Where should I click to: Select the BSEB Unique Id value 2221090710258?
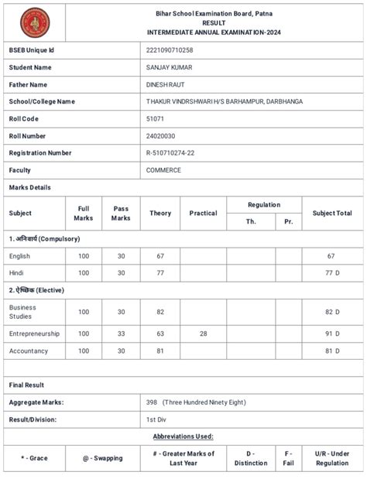pos(170,50)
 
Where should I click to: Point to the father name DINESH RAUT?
pos(166,84)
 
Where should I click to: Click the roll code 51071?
pos(155,118)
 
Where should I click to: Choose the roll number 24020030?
pos(160,135)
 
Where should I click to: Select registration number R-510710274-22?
pos(170,152)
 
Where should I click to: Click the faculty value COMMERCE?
pos(163,169)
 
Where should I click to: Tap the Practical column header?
pos(203,213)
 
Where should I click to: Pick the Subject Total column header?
pos(332,213)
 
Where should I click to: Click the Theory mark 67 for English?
pos(160,255)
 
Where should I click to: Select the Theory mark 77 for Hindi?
pos(160,272)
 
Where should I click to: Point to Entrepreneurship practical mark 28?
pos(203,333)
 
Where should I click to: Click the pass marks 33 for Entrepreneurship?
pos(121,333)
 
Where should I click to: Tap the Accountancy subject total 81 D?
pos(332,351)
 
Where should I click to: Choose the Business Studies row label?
pos(22,312)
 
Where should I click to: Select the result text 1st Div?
pos(157,419)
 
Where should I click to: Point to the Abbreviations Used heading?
pos(183,436)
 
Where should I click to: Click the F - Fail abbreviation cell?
pos(289,458)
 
